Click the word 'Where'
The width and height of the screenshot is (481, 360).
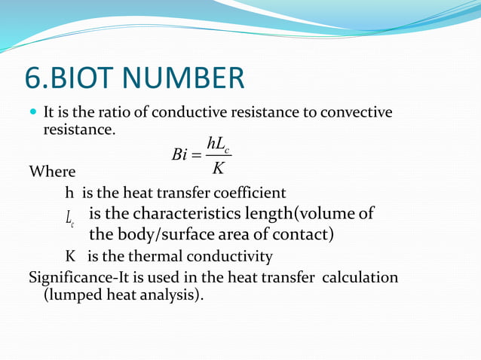[x=51, y=172]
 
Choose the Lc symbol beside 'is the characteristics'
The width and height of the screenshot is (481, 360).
[x=69, y=220]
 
